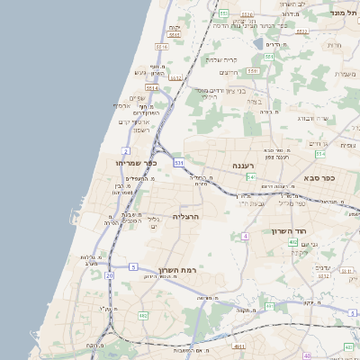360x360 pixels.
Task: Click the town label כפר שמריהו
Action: pyautogui.click(x=137, y=162)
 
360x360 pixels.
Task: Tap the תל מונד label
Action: pyautogui.click(x=343, y=13)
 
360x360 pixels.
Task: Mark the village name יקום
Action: pyautogui.click(x=174, y=28)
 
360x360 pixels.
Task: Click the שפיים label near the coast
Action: pyautogui.click(x=137, y=97)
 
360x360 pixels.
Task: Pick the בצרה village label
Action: pyautogui.click(x=254, y=102)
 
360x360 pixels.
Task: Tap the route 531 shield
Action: pyautogui.click(x=179, y=162)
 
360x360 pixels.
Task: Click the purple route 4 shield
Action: pyautogui.click(x=245, y=236)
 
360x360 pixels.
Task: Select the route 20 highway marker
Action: pyautogui.click(x=110, y=274)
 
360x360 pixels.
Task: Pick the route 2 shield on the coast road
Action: pyautogui.click(x=126, y=150)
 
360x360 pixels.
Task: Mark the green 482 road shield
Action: pyautogui.click(x=143, y=315)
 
